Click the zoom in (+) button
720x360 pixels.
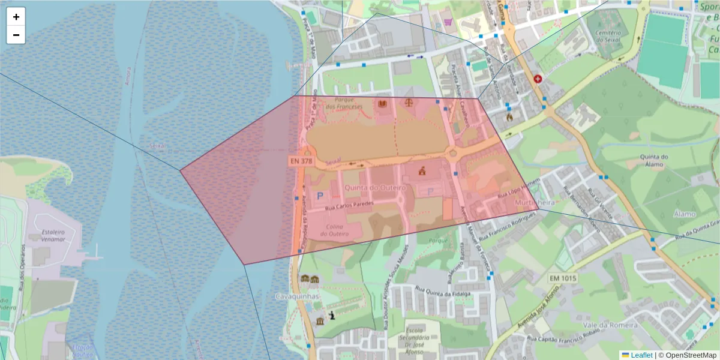click(x=16, y=17)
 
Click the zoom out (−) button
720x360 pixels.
click(x=16, y=35)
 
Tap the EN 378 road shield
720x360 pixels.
click(x=301, y=161)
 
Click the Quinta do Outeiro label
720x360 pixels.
click(x=375, y=188)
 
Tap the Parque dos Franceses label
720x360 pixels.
click(x=344, y=103)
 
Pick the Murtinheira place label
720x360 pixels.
click(x=535, y=203)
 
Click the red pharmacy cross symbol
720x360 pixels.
click(x=538, y=79)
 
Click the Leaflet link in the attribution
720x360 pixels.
click(x=641, y=355)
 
